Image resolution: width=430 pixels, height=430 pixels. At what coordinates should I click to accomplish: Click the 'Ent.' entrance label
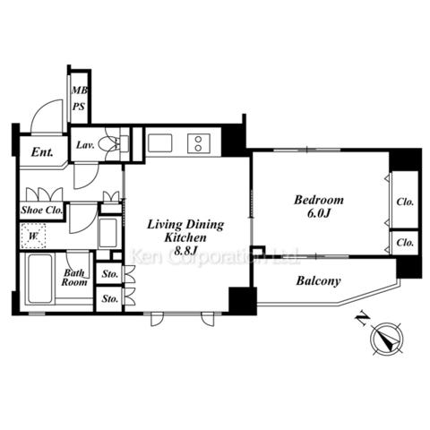click(x=42, y=152)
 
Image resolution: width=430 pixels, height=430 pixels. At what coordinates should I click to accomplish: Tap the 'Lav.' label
click(x=85, y=145)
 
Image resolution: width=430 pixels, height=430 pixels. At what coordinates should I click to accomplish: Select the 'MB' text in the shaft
click(x=80, y=90)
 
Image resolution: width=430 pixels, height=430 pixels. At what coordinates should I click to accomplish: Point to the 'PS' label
click(x=79, y=107)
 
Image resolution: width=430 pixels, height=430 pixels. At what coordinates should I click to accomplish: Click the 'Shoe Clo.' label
click(x=42, y=210)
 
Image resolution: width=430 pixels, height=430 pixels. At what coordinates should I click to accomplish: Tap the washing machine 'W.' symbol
click(x=33, y=236)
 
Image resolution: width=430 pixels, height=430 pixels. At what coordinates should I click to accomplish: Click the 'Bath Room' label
click(x=74, y=278)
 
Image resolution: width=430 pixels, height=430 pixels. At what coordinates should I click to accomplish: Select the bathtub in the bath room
click(x=40, y=279)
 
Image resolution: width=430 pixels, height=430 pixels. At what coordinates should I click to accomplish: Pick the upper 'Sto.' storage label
click(x=109, y=273)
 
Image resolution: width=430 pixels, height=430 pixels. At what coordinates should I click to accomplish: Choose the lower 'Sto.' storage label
click(x=109, y=298)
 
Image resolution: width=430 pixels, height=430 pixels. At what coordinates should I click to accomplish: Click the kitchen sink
click(x=160, y=143)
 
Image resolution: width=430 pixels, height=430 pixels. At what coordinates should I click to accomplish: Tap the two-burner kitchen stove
click(x=199, y=143)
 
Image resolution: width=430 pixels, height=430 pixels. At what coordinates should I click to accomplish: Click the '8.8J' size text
click(x=185, y=251)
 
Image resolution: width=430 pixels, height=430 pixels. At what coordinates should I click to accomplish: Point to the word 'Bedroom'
click(x=319, y=200)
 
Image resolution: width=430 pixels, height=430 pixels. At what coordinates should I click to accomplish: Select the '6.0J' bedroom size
click(x=319, y=213)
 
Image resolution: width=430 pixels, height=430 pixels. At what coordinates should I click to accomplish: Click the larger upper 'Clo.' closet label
click(x=405, y=202)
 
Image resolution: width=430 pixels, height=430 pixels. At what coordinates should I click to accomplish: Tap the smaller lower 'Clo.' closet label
click(x=405, y=243)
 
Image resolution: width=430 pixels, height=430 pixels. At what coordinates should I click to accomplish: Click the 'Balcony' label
click(x=318, y=281)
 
